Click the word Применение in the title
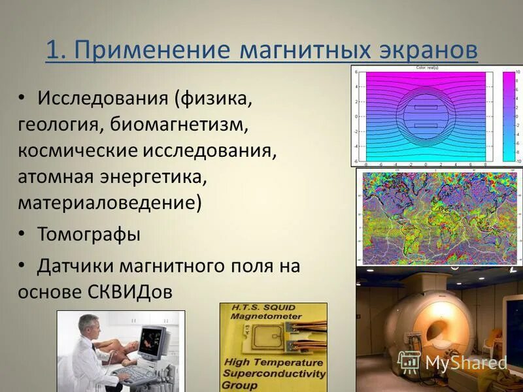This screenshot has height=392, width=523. tap(153, 51)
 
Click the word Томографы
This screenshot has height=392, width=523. tap(89, 234)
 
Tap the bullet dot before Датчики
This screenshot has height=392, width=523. tap(22, 263)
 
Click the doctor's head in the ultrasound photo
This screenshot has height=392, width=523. tap(90, 324)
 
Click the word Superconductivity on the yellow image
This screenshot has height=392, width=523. tap(273, 374)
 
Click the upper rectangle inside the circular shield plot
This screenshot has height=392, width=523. tap(425, 106)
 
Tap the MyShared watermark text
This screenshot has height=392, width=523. tap(465, 363)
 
